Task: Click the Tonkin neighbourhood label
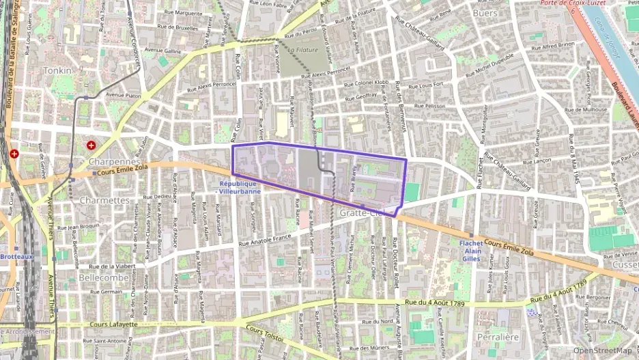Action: (x=57, y=70)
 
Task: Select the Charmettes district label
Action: (x=104, y=200)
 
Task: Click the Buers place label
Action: (x=485, y=13)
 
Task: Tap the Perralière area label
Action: (x=498, y=337)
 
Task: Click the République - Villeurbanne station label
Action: (x=238, y=187)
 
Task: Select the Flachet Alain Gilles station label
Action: (x=471, y=251)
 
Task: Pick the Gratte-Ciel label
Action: (x=363, y=213)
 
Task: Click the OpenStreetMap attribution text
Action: (x=602, y=350)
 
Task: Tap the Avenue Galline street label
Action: (x=162, y=51)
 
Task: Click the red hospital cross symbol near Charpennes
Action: (x=91, y=146)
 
